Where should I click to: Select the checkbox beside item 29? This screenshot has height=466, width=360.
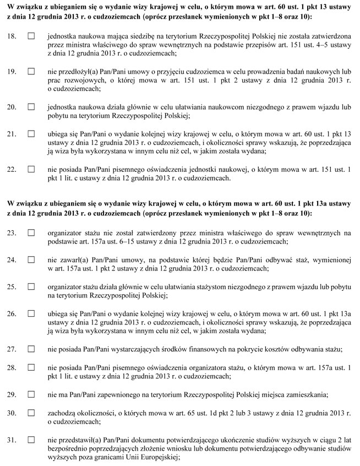31,394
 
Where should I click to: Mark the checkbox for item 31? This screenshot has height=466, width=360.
31,440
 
